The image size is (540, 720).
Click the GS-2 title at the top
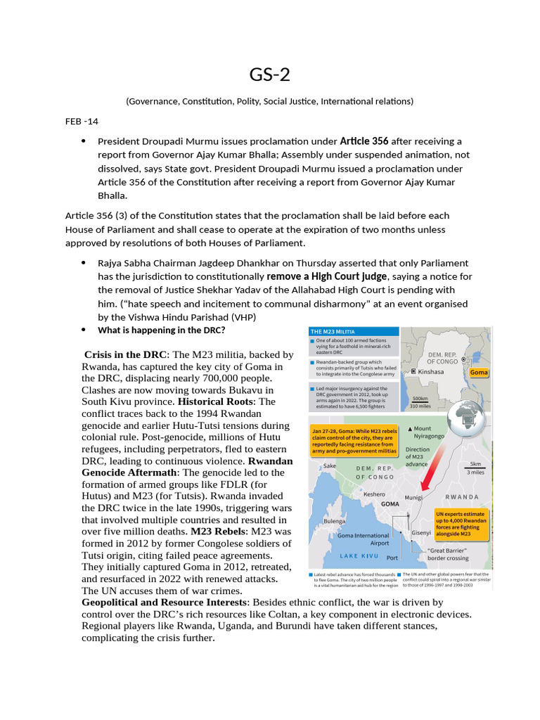tap(270, 75)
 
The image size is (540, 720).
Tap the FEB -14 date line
tap(82, 121)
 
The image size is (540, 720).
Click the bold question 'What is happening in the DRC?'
tap(161, 330)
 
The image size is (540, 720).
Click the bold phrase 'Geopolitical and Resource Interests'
tap(165, 603)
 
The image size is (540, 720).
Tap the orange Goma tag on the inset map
tap(479, 372)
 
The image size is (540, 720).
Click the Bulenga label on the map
tap(334, 521)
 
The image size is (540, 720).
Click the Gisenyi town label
tap(421, 532)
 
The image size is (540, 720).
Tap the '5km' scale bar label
tap(475, 465)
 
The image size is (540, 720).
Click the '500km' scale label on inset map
tap(420, 399)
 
